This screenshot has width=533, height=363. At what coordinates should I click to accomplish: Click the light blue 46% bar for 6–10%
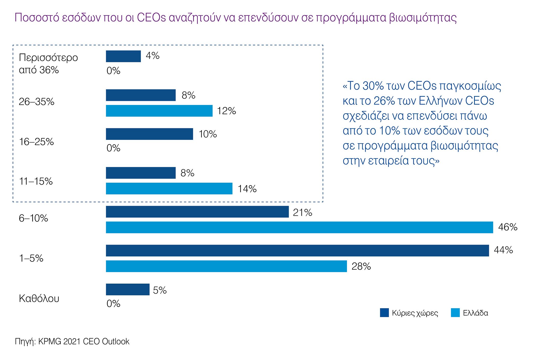tap(299, 227)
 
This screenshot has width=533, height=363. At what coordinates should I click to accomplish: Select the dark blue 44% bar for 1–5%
tap(297, 251)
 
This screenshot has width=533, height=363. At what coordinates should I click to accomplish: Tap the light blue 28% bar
tap(226, 266)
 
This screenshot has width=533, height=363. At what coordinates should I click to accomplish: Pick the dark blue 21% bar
tap(197, 212)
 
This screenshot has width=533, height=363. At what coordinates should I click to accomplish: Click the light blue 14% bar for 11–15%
tap(169, 188)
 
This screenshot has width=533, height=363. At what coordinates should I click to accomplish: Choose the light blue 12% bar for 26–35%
tap(159, 111)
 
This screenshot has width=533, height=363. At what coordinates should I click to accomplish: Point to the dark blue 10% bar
tap(149, 134)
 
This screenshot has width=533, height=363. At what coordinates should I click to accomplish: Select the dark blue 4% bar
tap(123, 56)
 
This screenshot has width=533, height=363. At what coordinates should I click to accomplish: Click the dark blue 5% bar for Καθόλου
tap(128, 289)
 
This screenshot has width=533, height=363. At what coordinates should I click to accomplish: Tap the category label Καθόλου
tap(39, 298)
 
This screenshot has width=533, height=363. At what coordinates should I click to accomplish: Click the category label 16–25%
tap(36, 142)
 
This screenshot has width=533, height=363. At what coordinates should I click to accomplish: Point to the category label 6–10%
tap(33, 218)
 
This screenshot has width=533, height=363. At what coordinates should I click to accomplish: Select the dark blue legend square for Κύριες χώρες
tap(384, 313)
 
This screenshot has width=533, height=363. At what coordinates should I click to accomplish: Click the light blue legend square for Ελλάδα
tap(455, 313)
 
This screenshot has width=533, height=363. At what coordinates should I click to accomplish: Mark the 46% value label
tap(508, 227)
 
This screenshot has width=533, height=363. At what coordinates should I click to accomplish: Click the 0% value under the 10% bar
tap(113, 148)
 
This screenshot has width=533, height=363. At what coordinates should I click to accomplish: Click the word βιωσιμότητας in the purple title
tap(423, 18)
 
